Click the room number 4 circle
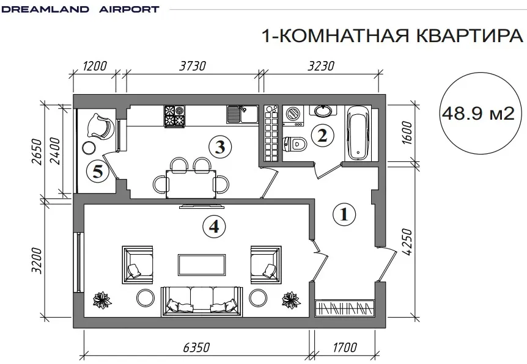tap(214, 227)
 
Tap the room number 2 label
tap(322, 136)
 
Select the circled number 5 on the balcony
tap(98, 172)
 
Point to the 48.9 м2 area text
tap(478, 114)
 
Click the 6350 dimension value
tap(197, 348)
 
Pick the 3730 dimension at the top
tap(192, 66)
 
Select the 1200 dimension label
tap(95, 66)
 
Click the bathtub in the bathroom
tap(358, 133)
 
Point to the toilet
tap(295, 144)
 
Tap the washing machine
tap(293, 116)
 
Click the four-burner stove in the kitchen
tap(174, 116)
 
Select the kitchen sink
tap(241, 114)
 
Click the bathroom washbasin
tap(324, 110)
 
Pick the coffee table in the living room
tap(201, 265)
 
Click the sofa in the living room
tap(202, 301)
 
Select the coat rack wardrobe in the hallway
tap(345, 308)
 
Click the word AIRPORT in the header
tap(130, 9)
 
